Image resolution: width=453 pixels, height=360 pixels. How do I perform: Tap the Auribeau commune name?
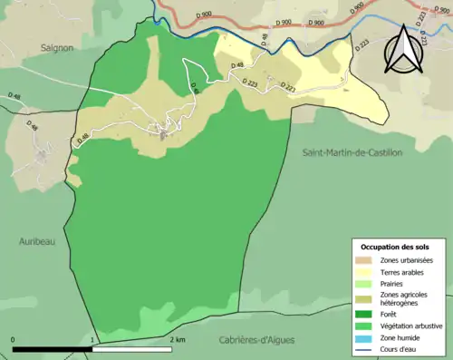[x=38, y=241]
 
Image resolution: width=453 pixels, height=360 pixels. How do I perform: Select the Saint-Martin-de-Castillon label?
[x=352, y=152]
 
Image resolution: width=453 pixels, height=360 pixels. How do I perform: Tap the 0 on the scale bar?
[x=14, y=340]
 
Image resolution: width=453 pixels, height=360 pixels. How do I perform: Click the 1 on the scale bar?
[x=93, y=340]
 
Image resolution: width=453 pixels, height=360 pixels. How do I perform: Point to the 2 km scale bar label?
[x=178, y=340]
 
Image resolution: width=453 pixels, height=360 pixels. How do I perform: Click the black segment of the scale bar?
[x=53, y=349]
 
